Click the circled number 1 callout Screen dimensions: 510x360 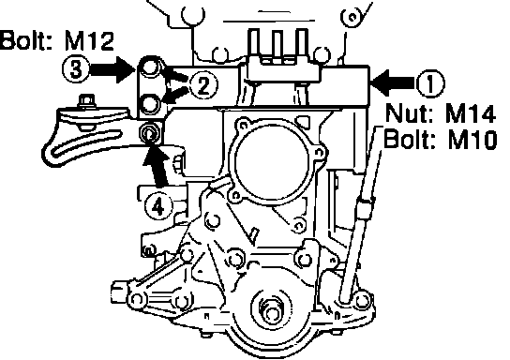[x=430, y=83]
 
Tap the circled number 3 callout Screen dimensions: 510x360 [x=76, y=69]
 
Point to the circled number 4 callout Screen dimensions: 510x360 [x=158, y=206]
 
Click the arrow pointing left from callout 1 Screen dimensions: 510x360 [x=393, y=83]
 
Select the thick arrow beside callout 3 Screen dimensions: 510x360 [x=112, y=69]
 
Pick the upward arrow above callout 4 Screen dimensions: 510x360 [x=157, y=167]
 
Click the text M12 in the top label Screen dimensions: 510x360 [x=89, y=41]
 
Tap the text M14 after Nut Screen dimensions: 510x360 [x=471, y=113]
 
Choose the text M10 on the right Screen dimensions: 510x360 [x=472, y=140]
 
